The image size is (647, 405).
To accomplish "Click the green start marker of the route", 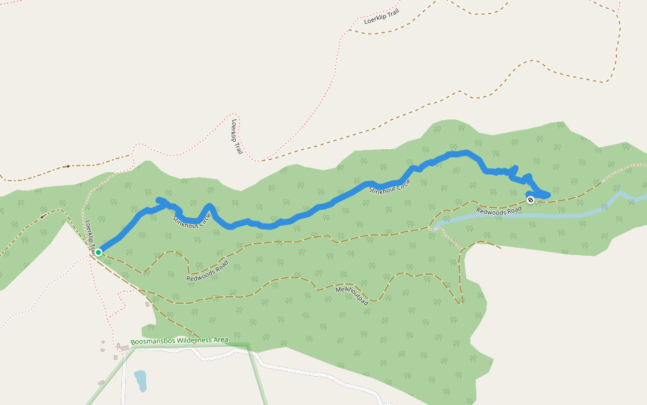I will point(98,252).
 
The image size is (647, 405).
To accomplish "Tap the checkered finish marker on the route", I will point(530,199).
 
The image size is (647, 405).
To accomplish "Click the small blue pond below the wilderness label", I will point(141,381).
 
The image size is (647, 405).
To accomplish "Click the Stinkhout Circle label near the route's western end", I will point(192,220).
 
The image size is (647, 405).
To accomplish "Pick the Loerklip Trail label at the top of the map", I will point(382,16).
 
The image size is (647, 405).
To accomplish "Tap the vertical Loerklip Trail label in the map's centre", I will point(237,137).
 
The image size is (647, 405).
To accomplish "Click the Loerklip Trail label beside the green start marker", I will point(90,236).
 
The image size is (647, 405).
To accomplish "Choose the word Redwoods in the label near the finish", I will point(490,211).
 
